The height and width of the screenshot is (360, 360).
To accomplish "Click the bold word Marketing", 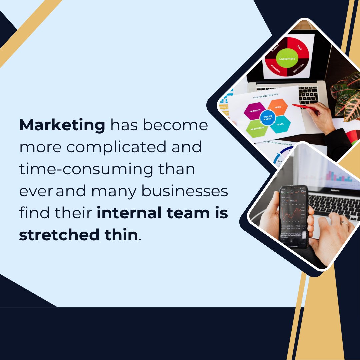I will pyautogui.click(x=62, y=126).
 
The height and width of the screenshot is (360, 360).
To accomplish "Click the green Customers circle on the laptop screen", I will pyautogui.click(x=287, y=59).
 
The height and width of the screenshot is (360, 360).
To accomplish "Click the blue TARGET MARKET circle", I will pyautogui.click(x=268, y=118).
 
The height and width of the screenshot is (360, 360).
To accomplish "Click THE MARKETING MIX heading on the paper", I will pyautogui.click(x=265, y=97).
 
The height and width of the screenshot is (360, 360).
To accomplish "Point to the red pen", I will pyautogui.click(x=303, y=107).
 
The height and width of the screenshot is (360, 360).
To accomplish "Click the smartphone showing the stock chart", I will pyautogui.click(x=293, y=217).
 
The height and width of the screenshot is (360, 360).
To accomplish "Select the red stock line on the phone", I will pyautogui.click(x=290, y=213).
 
